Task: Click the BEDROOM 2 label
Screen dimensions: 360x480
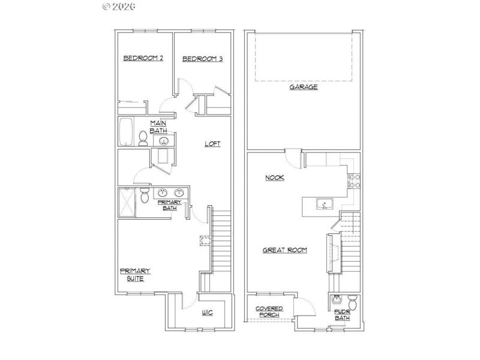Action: click(143, 58)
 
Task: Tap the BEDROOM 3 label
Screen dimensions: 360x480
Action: click(202, 59)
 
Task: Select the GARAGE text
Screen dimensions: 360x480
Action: click(304, 87)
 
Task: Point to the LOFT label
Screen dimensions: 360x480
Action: click(212, 143)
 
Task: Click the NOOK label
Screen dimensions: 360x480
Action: click(274, 178)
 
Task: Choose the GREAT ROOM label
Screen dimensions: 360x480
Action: click(285, 250)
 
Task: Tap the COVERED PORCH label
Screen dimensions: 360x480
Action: click(269, 311)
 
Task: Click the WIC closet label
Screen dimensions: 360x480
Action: click(208, 313)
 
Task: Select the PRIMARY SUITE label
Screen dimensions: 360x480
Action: click(135, 274)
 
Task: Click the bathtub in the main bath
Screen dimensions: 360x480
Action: click(126, 132)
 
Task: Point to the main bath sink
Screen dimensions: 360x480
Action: click(163, 141)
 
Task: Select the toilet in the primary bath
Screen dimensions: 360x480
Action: click(144, 196)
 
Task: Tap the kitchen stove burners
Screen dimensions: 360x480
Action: click(353, 181)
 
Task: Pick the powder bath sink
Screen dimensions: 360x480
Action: click(337, 299)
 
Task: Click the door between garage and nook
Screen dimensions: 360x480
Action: click(293, 158)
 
